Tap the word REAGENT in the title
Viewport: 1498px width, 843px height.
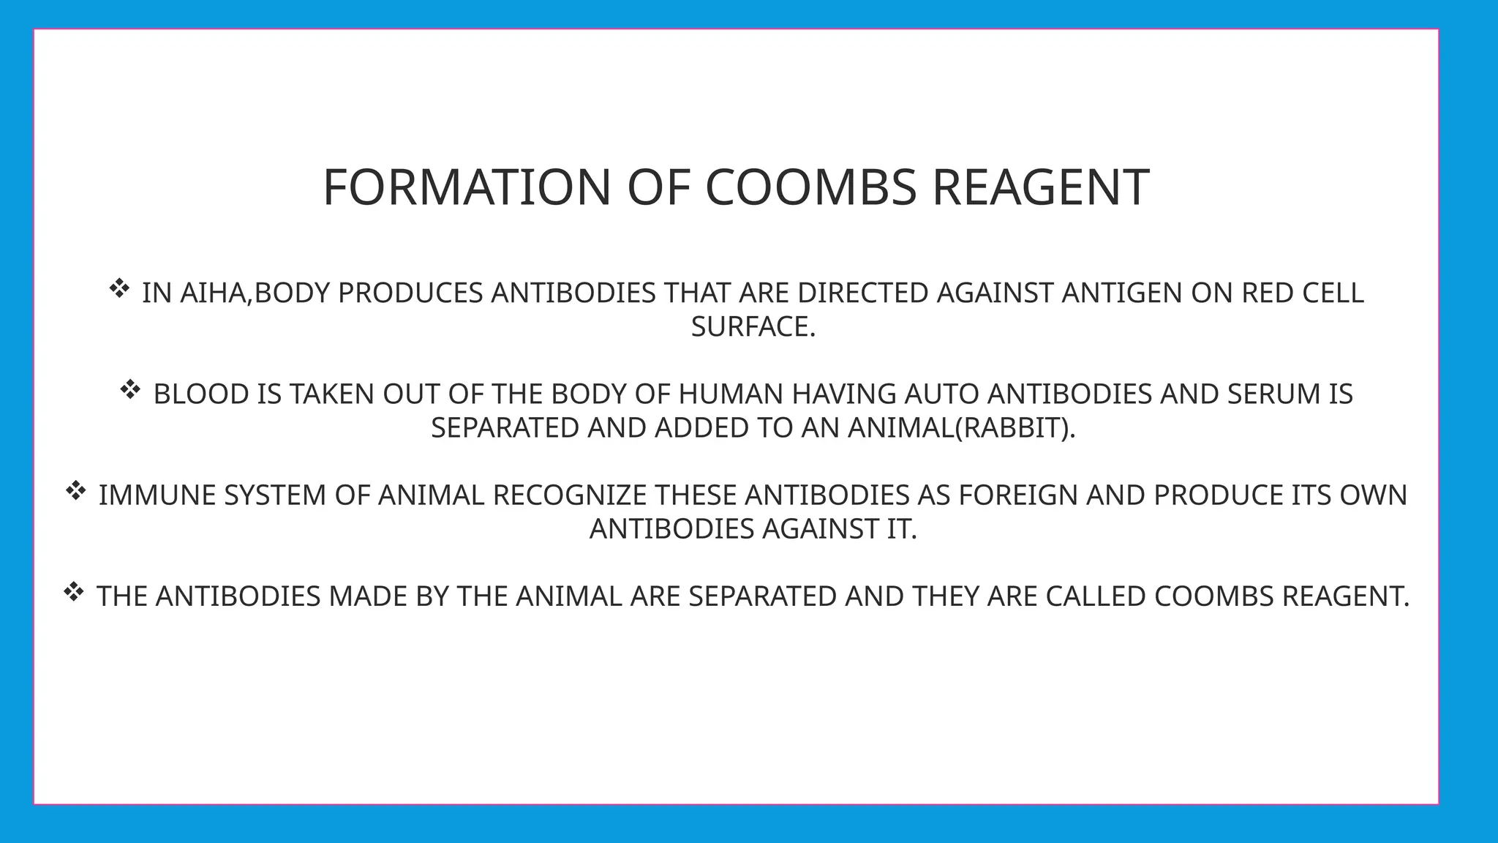click(1040, 187)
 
